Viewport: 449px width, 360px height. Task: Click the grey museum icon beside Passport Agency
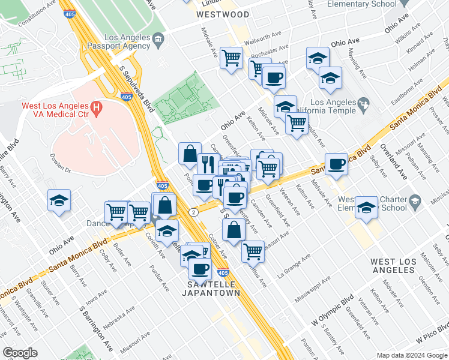(158, 41)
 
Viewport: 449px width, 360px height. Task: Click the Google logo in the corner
(20, 353)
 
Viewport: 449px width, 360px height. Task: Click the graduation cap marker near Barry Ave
(59, 201)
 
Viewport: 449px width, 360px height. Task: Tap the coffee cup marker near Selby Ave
(336, 163)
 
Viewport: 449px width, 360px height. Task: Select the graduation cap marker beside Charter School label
(366, 207)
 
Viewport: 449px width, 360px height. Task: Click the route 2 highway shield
(193, 212)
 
